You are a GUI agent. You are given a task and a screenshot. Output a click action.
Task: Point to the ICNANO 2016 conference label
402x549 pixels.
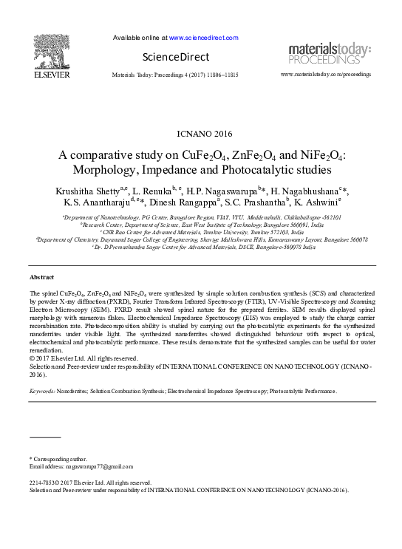click(x=201, y=134)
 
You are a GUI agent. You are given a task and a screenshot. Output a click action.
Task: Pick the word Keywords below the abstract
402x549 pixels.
click(x=44, y=391)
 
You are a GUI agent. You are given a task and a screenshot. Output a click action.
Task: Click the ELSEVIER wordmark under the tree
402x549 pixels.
click(x=51, y=74)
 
